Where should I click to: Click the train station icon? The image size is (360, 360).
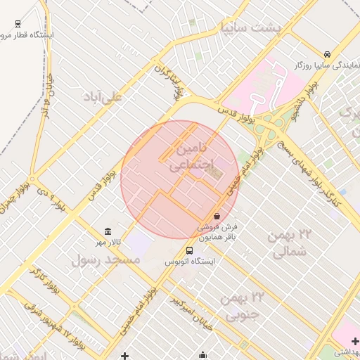18,23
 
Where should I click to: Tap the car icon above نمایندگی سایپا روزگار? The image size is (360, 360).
328,54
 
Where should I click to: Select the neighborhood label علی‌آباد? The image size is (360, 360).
103,97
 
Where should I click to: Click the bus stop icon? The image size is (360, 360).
189,250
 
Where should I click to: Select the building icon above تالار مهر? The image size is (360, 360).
108,231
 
